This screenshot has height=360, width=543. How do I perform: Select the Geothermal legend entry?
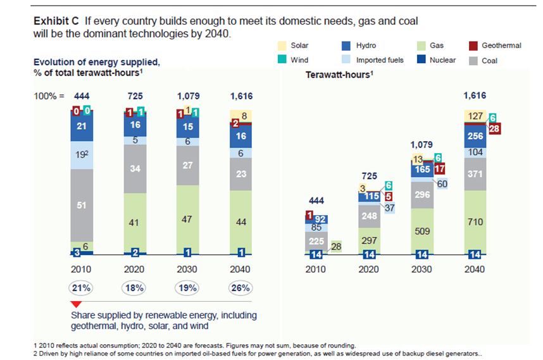click(x=501, y=46)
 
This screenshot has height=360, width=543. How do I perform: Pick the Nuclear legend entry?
click(x=442, y=61)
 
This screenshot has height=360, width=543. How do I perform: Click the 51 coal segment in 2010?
click(x=82, y=205)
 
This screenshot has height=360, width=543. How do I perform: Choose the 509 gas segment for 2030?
click(x=422, y=230)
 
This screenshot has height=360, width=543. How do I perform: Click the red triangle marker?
click(x=76, y=306)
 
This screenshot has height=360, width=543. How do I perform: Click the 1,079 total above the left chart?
click(x=187, y=96)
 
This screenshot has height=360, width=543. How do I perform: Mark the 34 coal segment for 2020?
click(x=134, y=168)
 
